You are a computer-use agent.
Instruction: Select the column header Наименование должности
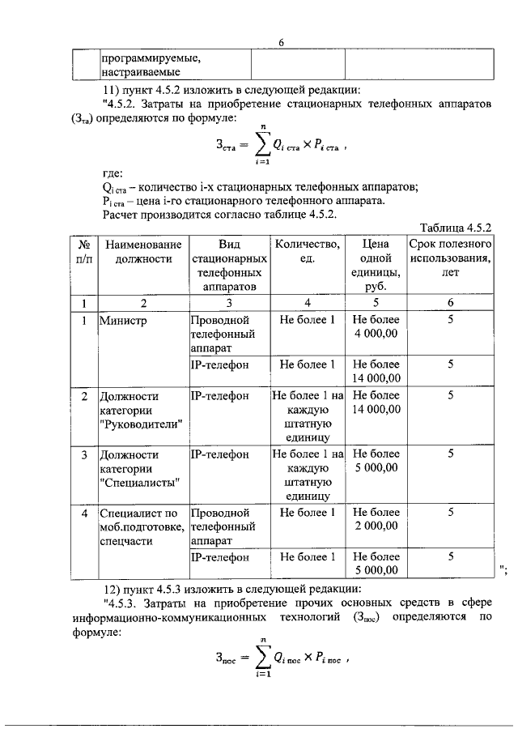[143, 251]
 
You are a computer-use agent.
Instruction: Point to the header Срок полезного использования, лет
[450, 258]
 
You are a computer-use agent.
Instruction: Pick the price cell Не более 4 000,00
[376, 327]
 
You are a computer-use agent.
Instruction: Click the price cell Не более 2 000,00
[376, 519]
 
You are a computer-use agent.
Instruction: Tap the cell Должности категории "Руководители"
[141, 410]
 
